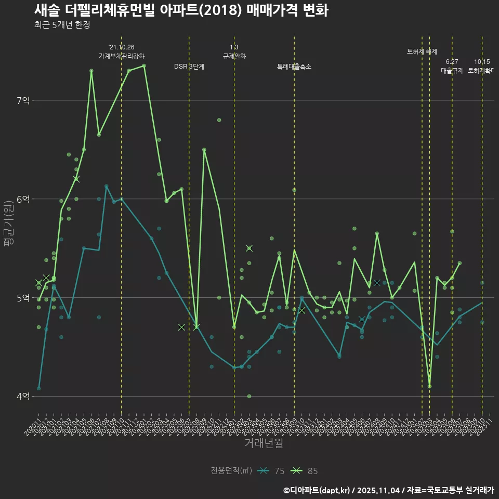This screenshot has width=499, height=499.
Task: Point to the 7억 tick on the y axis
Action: [x=23, y=100]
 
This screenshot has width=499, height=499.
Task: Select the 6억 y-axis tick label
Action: [x=23, y=199]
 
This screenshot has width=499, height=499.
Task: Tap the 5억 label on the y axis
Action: [x=23, y=297]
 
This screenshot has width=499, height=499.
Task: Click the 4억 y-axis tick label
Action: [x=23, y=396]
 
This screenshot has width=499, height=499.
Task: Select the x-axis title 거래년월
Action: [x=264, y=443]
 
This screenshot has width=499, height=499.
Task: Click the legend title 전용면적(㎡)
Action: [x=231, y=471]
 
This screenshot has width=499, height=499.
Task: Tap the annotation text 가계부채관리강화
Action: [x=122, y=56]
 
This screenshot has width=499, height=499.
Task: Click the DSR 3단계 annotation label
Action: [x=189, y=67]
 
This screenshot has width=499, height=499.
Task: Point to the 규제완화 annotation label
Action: [x=234, y=56]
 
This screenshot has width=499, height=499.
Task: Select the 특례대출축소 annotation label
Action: [x=294, y=67]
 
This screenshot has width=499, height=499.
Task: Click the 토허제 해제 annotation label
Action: [x=422, y=51]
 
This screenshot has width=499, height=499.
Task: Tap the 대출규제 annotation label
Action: [x=452, y=70]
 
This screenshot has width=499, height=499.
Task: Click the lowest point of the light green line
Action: [x=429, y=386]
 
